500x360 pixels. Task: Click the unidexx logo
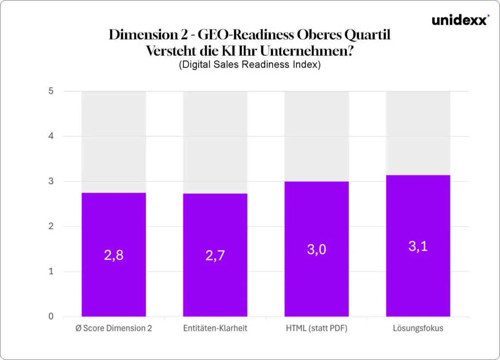(x=459, y=21)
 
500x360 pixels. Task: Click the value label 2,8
(x=114, y=255)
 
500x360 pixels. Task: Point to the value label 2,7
(x=215, y=255)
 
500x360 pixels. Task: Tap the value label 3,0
(x=317, y=250)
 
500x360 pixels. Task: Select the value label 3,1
(x=418, y=246)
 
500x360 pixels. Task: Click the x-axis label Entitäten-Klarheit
(x=215, y=328)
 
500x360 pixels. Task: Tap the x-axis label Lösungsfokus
(x=418, y=328)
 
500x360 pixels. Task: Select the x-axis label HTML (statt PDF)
(x=317, y=328)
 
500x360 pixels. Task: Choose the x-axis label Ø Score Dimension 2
(x=114, y=328)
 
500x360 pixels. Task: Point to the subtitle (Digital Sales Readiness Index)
(x=250, y=65)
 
